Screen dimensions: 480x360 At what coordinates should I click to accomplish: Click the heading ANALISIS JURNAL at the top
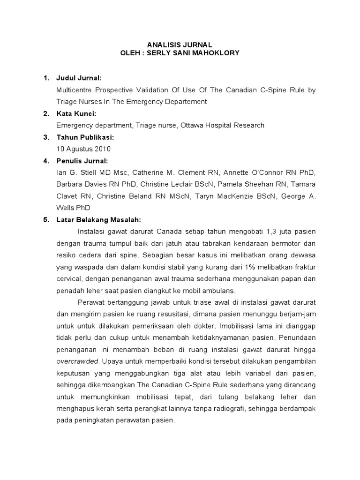(180, 44)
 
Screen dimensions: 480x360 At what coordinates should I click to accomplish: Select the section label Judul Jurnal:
(79, 78)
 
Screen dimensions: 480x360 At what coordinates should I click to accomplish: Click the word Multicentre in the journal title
(73, 90)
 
